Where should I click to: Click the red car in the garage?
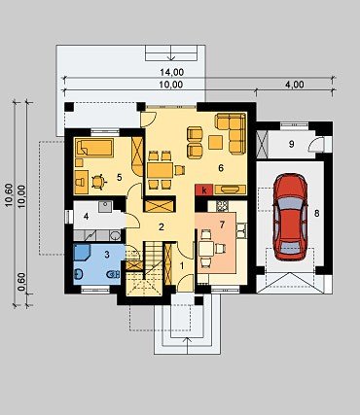click(290, 217)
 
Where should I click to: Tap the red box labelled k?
click(204, 190)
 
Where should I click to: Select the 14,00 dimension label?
click(171, 72)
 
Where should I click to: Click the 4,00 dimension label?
click(295, 85)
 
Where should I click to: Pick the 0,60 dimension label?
click(21, 282)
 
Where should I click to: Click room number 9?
click(291, 144)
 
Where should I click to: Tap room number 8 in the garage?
click(316, 213)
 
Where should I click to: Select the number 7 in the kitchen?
click(222, 225)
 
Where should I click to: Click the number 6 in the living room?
click(221, 168)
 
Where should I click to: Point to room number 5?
click(120, 177)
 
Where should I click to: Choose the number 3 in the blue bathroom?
click(107, 255)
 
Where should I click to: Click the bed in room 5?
click(94, 148)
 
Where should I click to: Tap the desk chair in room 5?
click(98, 182)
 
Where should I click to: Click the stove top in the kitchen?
click(222, 205)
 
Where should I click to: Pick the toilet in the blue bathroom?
click(113, 274)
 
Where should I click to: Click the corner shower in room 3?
click(82, 252)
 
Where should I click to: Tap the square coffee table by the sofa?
click(215, 142)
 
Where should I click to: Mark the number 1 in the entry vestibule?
click(182, 265)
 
